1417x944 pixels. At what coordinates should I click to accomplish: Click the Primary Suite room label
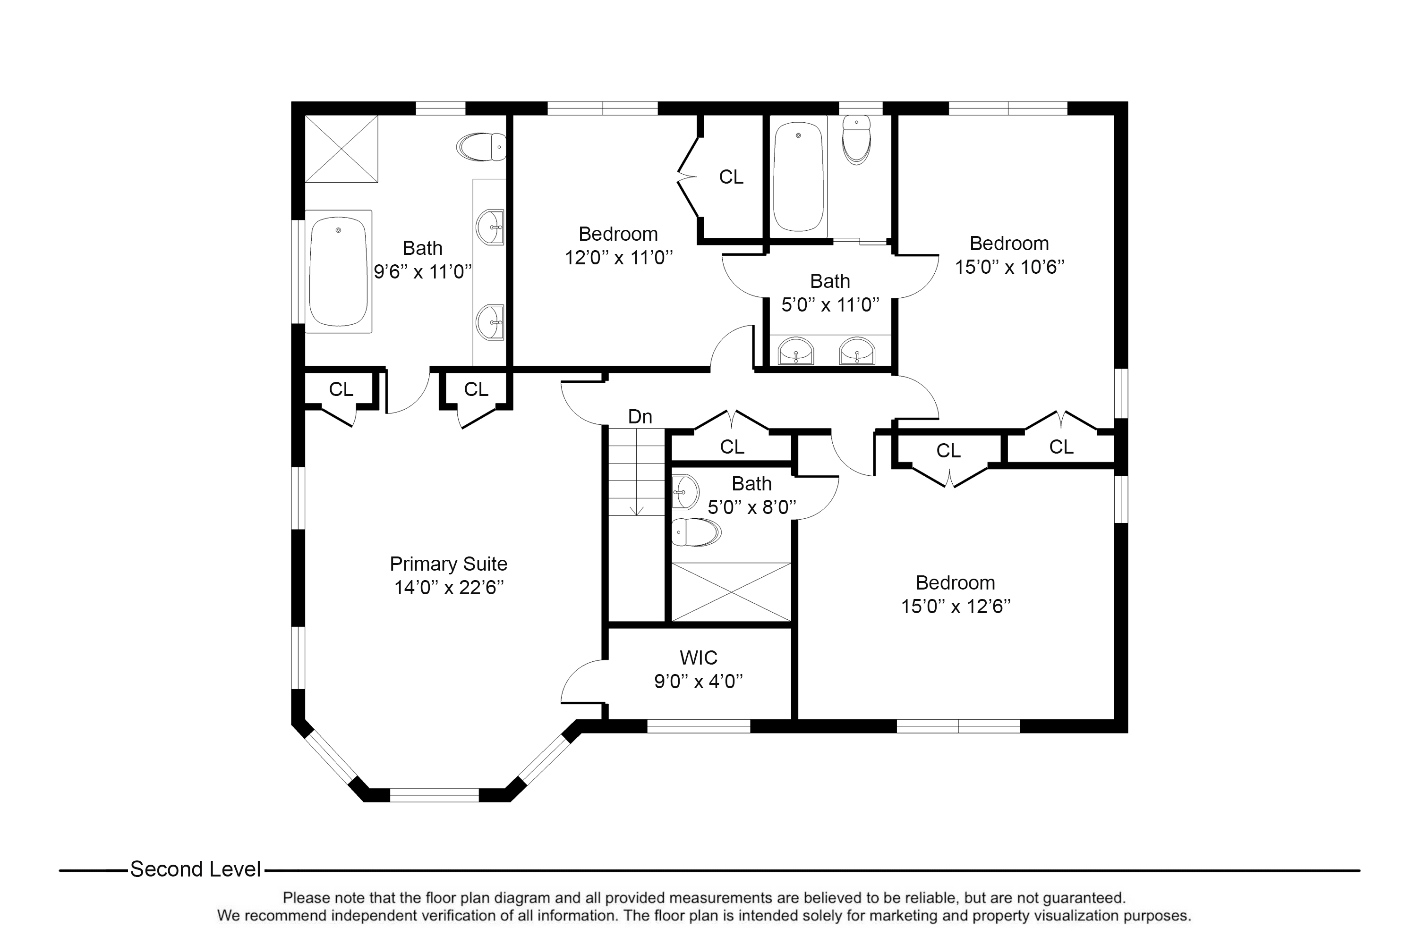(x=449, y=564)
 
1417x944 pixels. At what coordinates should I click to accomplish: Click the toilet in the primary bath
(x=481, y=147)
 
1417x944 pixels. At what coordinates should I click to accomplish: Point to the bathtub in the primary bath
(x=338, y=271)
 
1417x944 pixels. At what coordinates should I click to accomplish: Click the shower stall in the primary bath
(x=341, y=149)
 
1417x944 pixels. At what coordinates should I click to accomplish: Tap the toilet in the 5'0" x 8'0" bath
(x=696, y=532)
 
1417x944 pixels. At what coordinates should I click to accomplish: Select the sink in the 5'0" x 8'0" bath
(x=685, y=492)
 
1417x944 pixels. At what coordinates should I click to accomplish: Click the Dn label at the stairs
(x=640, y=417)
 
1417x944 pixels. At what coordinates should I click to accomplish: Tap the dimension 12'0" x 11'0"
(x=619, y=258)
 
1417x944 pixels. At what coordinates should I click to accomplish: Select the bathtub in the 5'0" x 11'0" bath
(x=798, y=177)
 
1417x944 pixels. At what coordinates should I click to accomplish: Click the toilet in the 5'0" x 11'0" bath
(x=856, y=140)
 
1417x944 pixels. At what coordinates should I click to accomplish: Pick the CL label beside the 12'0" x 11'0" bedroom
(x=731, y=177)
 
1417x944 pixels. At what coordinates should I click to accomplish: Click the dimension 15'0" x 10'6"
(x=1010, y=267)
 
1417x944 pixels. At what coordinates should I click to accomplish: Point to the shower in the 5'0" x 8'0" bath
(x=731, y=592)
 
